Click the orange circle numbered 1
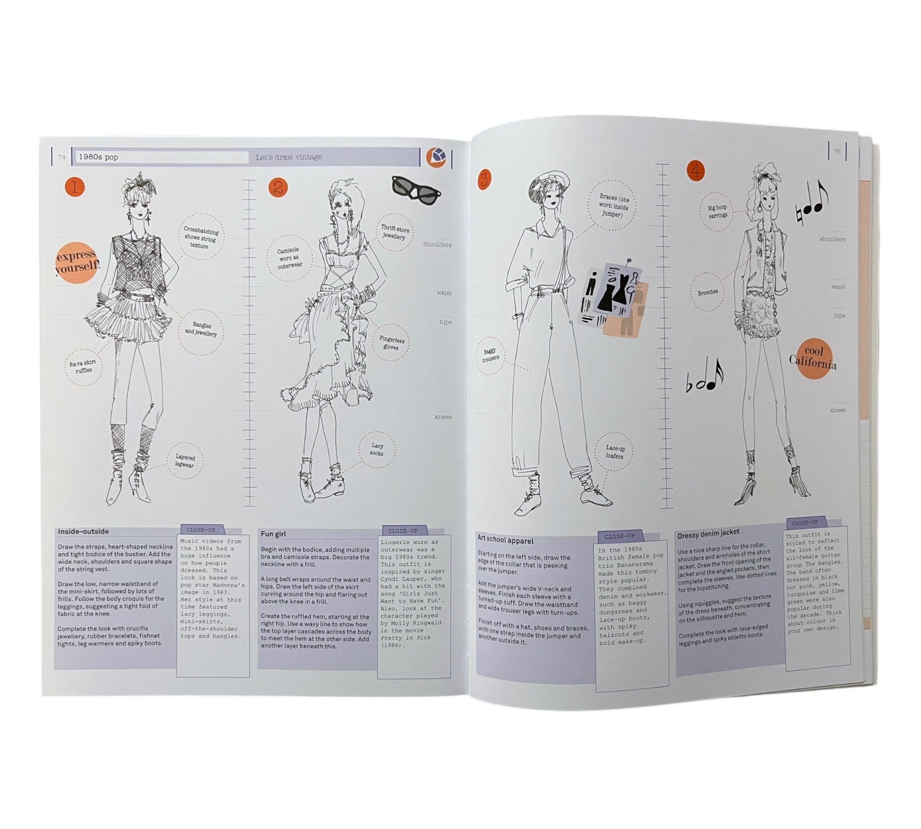pyautogui.click(x=75, y=188)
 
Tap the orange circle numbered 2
pyautogui.click(x=278, y=188)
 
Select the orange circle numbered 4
pyautogui.click(x=696, y=171)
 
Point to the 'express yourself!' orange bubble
pyautogui.click(x=77, y=262)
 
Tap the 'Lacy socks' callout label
pyautogui.click(x=377, y=449)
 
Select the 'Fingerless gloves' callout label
pyautogui.click(x=392, y=343)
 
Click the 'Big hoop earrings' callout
pyautogui.click(x=717, y=212)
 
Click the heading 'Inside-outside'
pyautogui.click(x=84, y=531)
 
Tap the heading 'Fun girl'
pyautogui.click(x=273, y=534)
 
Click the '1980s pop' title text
pyautogui.click(x=98, y=157)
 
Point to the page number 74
pyautogui.click(x=62, y=157)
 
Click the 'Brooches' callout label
pyautogui.click(x=708, y=292)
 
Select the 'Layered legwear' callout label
pyautogui.click(x=185, y=461)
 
